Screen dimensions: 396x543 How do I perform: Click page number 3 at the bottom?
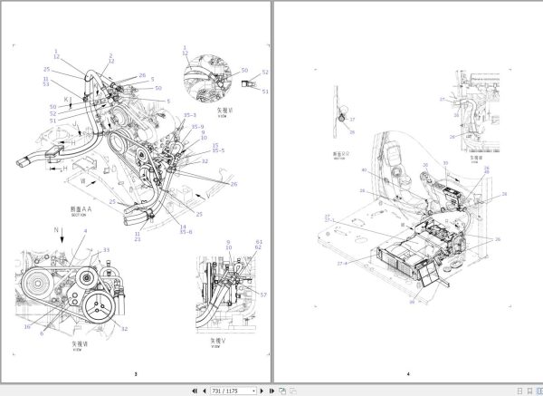click(x=135, y=373)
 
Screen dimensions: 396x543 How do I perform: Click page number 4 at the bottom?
click(x=408, y=373)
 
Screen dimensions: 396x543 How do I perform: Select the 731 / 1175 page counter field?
click(x=231, y=390)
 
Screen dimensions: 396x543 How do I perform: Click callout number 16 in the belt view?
click(x=27, y=326)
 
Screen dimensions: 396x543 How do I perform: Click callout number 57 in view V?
click(x=264, y=296)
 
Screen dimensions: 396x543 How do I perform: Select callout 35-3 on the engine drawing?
click(x=189, y=116)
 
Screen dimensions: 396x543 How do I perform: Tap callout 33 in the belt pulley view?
click(x=105, y=249)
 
